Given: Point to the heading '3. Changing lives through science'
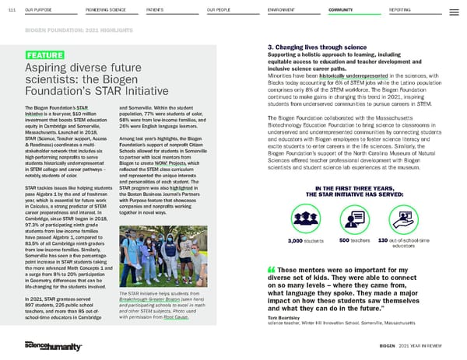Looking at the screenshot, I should pyautogui.click(x=314, y=46).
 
